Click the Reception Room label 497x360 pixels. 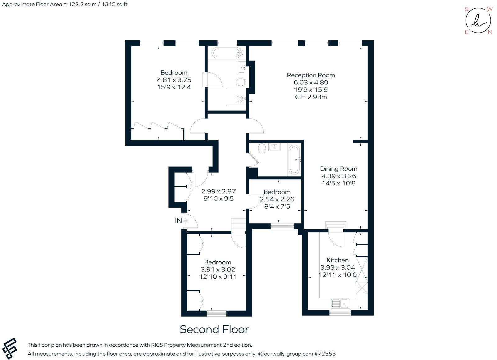click(x=311, y=75)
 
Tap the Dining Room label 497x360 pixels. click(x=339, y=169)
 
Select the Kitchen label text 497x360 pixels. click(x=338, y=260)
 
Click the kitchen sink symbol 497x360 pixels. click(x=340, y=304)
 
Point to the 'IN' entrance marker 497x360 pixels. click(x=178, y=221)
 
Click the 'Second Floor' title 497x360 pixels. click(x=214, y=329)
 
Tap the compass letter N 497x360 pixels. click(x=490, y=32)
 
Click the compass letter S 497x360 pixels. click(x=467, y=9)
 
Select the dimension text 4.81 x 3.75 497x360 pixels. click(x=174, y=80)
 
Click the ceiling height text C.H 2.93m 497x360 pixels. click(x=311, y=97)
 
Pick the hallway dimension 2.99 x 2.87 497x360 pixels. click(x=219, y=191)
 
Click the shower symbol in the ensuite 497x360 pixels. click(x=240, y=99)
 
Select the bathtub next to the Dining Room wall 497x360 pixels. click(x=294, y=159)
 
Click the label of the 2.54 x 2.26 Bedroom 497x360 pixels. click(x=277, y=192)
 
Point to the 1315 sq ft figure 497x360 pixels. click(x=115, y=4)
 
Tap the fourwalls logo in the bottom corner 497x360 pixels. click(x=9, y=348)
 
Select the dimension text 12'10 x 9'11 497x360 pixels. click(x=218, y=277)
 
